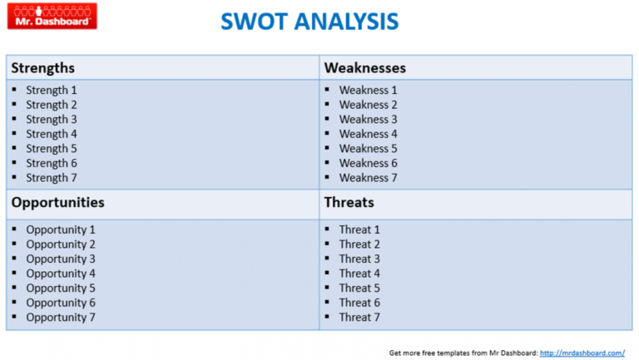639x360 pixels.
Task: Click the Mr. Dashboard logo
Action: pyautogui.click(x=52, y=16)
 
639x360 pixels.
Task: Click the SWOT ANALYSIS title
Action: pyautogui.click(x=310, y=22)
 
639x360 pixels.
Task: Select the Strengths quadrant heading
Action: pyautogui.click(x=42, y=68)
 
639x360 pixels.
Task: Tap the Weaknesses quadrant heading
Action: pyautogui.click(x=364, y=68)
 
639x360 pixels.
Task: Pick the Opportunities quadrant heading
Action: pyautogui.click(x=57, y=202)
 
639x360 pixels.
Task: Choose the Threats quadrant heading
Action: pyautogui.click(x=349, y=202)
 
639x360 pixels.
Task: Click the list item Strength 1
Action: pyautogui.click(x=52, y=90)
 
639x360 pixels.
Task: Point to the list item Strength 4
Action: pyautogui.click(x=52, y=134)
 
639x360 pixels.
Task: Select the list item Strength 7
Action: pyautogui.click(x=52, y=178)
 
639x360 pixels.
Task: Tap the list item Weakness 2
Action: pyautogui.click(x=368, y=105)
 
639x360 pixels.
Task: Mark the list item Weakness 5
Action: pyautogui.click(x=368, y=149)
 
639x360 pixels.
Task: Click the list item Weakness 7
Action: pyautogui.click(x=368, y=178)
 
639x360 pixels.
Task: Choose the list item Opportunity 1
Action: pyautogui.click(x=61, y=229)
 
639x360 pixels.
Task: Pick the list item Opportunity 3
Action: pyautogui.click(x=61, y=259)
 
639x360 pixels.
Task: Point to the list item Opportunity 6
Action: pyautogui.click(x=61, y=303)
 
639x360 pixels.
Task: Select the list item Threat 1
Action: pyautogui.click(x=359, y=229)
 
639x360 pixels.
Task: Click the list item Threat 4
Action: pyautogui.click(x=359, y=274)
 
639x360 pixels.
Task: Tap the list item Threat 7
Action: pyautogui.click(x=359, y=318)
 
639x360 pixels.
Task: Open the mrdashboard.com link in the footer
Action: pyautogui.click(x=582, y=353)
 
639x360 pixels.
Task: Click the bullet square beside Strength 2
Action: pyautogui.click(x=15, y=104)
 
